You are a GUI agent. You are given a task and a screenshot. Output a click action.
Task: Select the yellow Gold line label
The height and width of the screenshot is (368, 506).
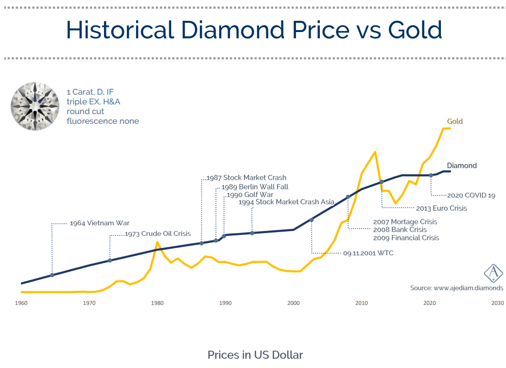[x=454, y=121]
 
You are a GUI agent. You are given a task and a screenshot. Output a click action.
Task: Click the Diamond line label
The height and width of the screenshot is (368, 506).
[x=461, y=166]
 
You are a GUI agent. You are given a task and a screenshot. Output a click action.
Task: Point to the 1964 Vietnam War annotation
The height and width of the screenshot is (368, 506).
[x=99, y=223]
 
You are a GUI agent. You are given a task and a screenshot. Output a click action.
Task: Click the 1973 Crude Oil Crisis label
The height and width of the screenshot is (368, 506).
[x=157, y=234]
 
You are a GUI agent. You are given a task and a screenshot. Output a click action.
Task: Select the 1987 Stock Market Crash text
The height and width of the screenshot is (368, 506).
[x=246, y=178]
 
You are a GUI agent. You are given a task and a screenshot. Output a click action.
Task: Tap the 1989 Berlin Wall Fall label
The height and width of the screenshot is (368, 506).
[x=254, y=187]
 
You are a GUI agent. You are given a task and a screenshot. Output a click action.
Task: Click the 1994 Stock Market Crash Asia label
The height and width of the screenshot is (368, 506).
[x=286, y=202]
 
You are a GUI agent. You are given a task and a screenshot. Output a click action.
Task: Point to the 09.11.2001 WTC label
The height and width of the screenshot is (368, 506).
[x=368, y=253]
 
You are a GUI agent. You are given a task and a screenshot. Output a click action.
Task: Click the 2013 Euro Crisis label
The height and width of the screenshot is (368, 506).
[x=441, y=208]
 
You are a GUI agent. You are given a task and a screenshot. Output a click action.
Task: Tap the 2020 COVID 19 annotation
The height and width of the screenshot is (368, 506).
[x=471, y=196]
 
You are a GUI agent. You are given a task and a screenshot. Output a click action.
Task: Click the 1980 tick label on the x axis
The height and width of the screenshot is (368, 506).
[x=157, y=303]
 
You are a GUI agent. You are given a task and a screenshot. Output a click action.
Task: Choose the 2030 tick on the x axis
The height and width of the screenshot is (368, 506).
[x=497, y=303]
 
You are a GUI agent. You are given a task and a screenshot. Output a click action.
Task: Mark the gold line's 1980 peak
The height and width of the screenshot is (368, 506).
[x=157, y=242]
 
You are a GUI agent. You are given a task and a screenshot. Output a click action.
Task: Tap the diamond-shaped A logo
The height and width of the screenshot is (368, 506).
[x=493, y=273]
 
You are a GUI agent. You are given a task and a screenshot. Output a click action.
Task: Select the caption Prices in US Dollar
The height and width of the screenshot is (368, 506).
[x=255, y=355]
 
